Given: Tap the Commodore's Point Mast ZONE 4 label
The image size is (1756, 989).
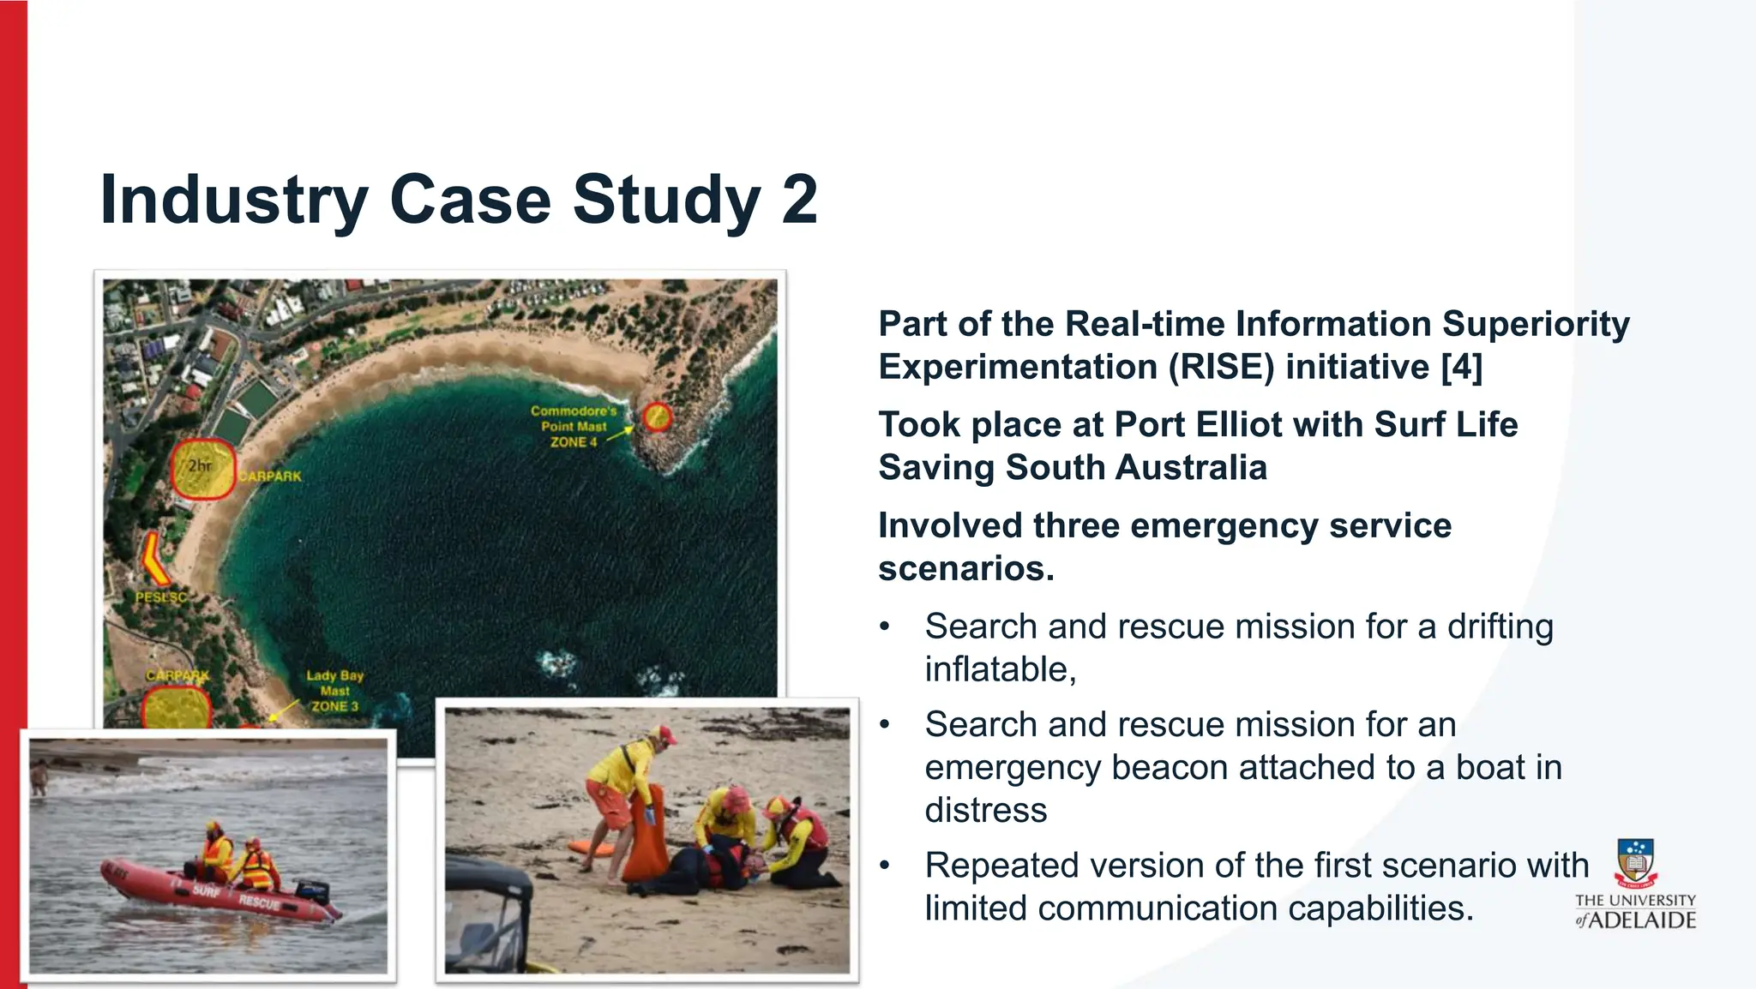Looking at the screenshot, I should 573,427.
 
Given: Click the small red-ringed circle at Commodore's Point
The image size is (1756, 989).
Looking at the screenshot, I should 657,417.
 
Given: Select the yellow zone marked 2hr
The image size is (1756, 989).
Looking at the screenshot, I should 202,469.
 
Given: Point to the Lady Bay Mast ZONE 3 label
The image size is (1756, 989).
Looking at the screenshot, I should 334,691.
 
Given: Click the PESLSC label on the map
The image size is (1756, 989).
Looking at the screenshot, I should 160,596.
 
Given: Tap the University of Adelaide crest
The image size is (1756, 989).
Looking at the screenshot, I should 1635,862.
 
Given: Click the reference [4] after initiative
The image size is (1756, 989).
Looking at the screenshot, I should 1461,367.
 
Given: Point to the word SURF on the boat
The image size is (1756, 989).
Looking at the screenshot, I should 206,891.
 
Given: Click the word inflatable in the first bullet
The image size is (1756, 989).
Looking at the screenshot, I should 1000,669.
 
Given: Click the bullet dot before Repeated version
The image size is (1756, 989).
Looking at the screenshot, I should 885,866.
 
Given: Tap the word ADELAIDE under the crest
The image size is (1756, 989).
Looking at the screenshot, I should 1644,920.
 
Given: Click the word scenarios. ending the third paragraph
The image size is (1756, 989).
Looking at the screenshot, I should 965,568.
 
